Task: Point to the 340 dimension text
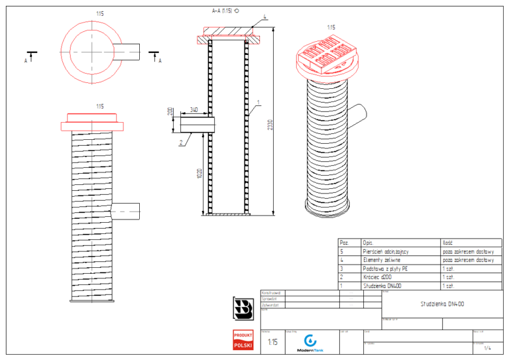click(x=194, y=109)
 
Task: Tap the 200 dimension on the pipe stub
click(x=171, y=111)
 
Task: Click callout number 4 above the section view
click(x=264, y=17)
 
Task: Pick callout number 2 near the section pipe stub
click(x=180, y=143)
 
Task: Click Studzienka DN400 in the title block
click(x=441, y=304)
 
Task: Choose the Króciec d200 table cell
click(x=378, y=277)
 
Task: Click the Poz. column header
click(x=344, y=243)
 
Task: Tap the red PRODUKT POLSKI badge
click(x=243, y=340)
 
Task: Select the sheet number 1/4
click(x=488, y=347)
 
